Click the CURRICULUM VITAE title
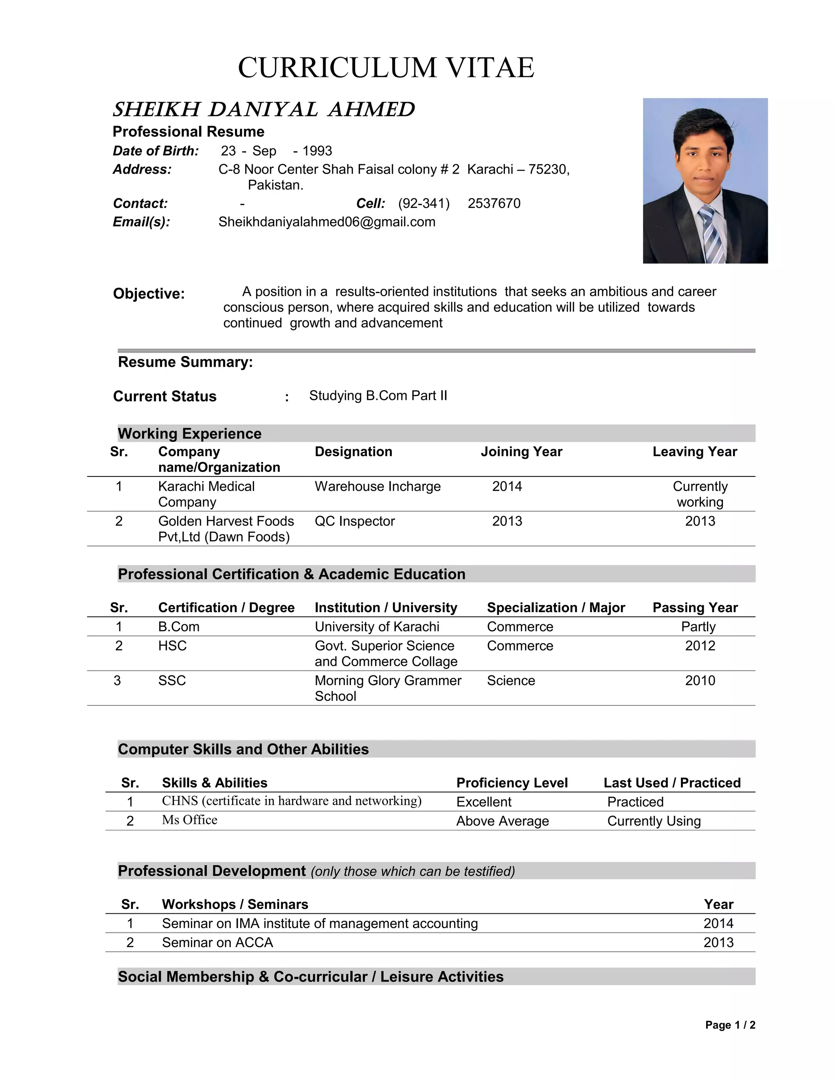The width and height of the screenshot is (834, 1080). (386, 68)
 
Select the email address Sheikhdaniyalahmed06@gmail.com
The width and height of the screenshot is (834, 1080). (327, 222)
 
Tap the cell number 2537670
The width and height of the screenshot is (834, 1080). (494, 204)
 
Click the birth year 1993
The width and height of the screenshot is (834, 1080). (317, 151)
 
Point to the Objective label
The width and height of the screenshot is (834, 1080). (149, 294)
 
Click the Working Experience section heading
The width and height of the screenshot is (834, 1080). (190, 434)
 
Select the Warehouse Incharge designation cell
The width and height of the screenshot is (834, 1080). (377, 487)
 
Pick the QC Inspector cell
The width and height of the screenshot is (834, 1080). (355, 521)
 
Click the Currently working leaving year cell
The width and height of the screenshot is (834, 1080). (700, 494)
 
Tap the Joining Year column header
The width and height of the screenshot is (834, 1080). (521, 452)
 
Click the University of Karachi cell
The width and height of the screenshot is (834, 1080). (377, 627)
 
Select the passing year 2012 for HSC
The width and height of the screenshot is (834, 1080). (700, 646)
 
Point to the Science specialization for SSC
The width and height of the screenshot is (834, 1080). (511, 681)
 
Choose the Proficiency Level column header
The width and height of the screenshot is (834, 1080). (512, 783)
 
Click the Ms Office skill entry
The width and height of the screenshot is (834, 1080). (190, 820)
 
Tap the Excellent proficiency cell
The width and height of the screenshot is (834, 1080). (484, 802)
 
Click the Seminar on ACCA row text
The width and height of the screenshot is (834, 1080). (217, 943)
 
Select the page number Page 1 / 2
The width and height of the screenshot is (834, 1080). (730, 1025)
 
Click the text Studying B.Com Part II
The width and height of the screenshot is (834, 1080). (378, 396)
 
